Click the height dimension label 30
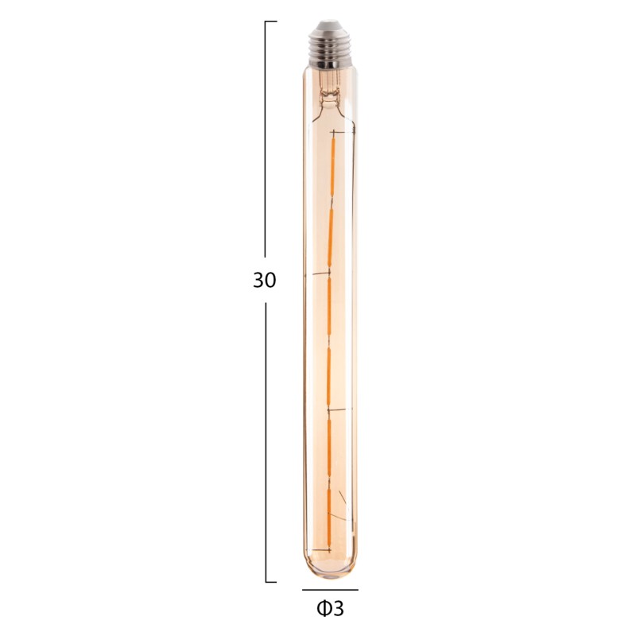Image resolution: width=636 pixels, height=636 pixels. click(x=265, y=281)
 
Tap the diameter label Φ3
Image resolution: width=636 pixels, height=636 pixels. click(x=330, y=609)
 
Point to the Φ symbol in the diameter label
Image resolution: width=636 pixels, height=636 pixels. click(x=323, y=609)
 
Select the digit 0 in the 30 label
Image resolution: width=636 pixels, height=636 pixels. click(x=271, y=281)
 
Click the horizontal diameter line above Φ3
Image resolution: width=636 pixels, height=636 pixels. click(x=330, y=590)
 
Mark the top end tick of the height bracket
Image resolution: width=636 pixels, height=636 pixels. click(x=271, y=21)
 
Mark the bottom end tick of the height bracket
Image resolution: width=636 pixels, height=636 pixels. click(x=271, y=582)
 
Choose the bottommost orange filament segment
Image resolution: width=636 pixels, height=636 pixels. click(x=329, y=517)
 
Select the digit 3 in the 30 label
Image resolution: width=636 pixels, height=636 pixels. click(x=258, y=281)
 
